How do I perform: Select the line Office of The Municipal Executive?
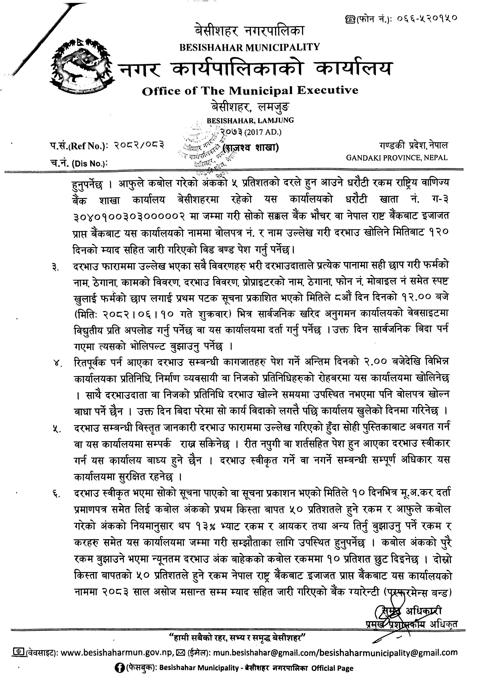coord(250,91)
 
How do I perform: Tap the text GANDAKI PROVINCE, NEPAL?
coord(397,157)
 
